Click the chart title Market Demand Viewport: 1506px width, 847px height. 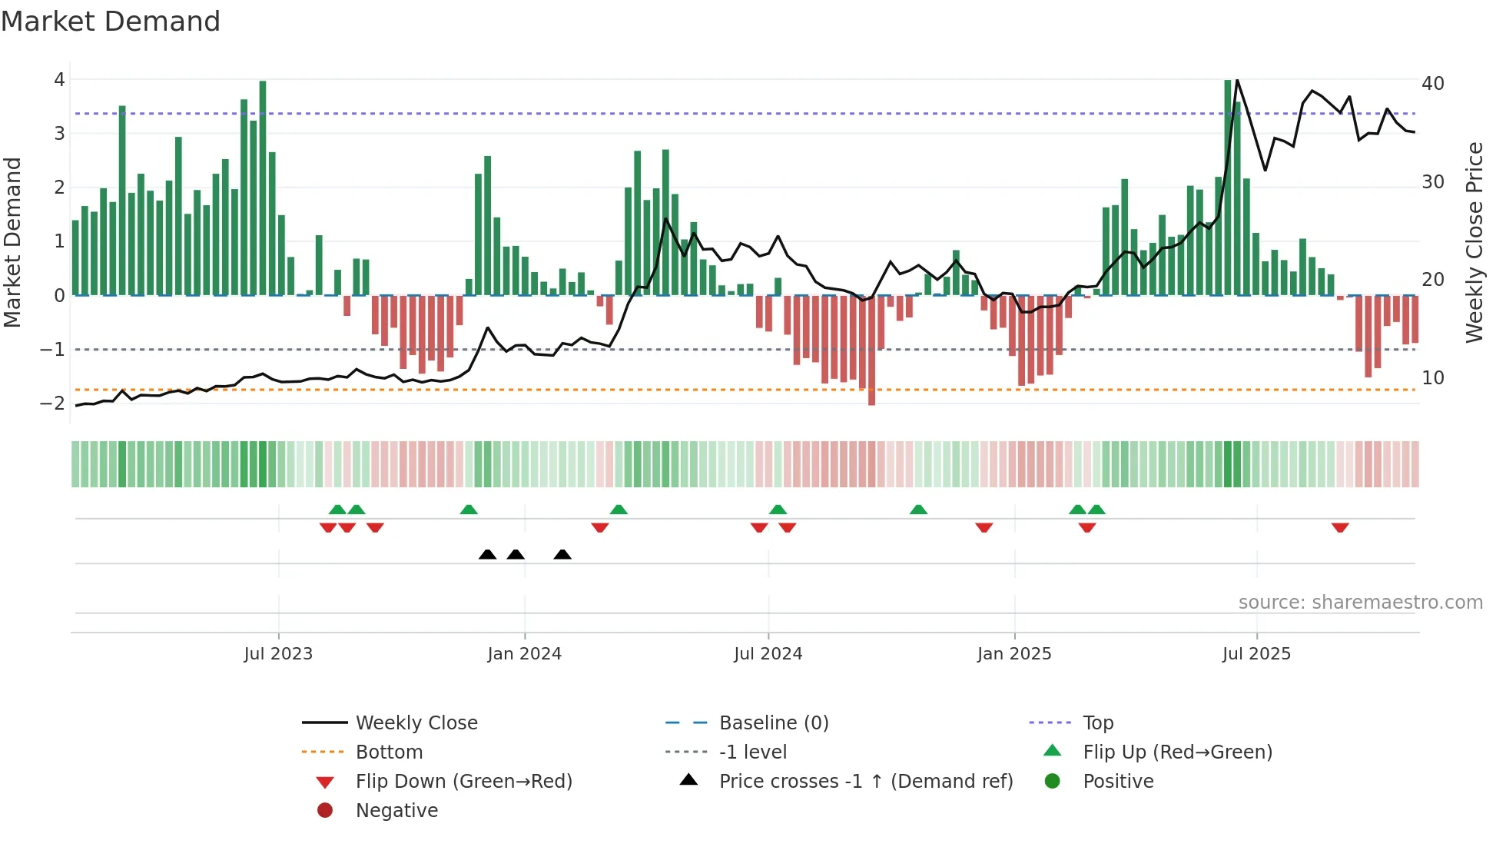tap(111, 22)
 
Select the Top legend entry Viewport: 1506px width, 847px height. tap(1097, 722)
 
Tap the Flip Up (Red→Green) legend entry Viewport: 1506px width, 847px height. tap(1177, 752)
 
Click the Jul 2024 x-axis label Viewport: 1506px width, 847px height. tap(768, 653)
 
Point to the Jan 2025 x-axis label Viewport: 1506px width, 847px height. tap(1013, 653)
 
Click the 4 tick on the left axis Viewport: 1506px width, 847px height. tap(59, 80)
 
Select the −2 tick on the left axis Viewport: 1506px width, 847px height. tap(53, 403)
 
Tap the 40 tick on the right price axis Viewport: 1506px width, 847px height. tap(1432, 83)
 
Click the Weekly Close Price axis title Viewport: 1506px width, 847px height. tap(1474, 242)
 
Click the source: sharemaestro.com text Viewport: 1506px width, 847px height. tap(1360, 602)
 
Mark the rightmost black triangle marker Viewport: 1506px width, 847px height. tap(562, 554)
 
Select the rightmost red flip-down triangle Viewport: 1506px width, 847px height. tap(1340, 527)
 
